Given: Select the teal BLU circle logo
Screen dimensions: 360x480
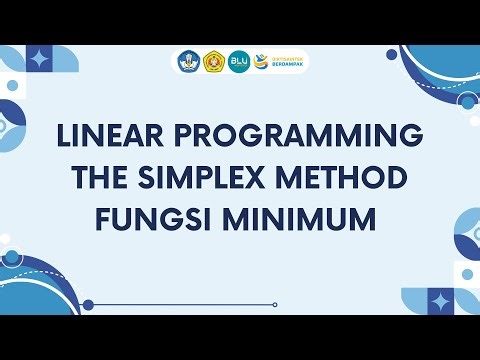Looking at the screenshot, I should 239,61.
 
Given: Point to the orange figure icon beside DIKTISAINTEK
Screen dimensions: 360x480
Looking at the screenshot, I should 262,61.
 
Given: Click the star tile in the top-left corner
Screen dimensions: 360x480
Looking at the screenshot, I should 39,60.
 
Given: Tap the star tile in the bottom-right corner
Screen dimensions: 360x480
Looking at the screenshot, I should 441,301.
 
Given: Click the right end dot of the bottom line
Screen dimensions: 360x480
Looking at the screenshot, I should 275,305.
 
